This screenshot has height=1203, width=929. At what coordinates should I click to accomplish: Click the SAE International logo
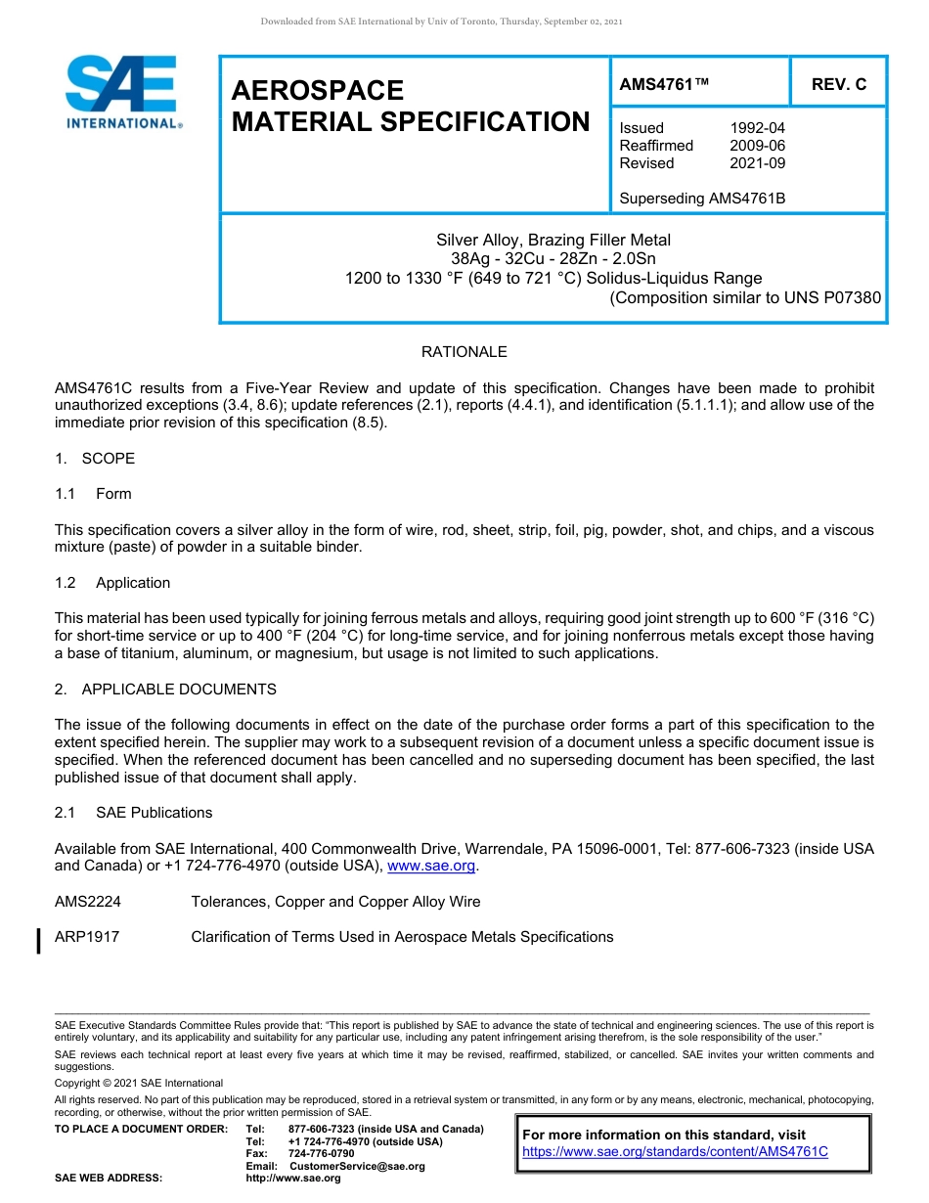121,91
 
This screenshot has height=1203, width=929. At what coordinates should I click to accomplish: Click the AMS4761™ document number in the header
663,85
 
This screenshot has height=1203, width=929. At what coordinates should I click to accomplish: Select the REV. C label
838,85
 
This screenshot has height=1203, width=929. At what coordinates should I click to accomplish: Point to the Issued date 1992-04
757,128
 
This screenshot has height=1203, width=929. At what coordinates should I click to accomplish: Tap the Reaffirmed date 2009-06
757,146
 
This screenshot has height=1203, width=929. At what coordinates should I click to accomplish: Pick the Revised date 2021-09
757,163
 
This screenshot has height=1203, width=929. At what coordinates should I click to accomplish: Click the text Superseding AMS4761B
702,199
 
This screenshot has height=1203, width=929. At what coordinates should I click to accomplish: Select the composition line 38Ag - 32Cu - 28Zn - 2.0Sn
553,259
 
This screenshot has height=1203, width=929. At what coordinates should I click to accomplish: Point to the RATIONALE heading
464,352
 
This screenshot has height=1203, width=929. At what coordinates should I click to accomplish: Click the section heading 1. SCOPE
95,459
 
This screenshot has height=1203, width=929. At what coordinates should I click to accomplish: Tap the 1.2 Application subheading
112,583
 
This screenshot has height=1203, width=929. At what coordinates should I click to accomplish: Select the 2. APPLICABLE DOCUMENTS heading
165,690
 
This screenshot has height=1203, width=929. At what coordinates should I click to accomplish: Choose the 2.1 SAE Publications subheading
134,813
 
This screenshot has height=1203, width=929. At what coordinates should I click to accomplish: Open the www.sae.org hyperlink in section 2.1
431,866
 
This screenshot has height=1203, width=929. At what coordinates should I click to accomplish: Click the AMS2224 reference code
88,902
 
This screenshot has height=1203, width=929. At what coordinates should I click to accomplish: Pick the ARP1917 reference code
87,937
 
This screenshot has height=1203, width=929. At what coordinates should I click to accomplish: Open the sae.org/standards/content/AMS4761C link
675,1152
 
